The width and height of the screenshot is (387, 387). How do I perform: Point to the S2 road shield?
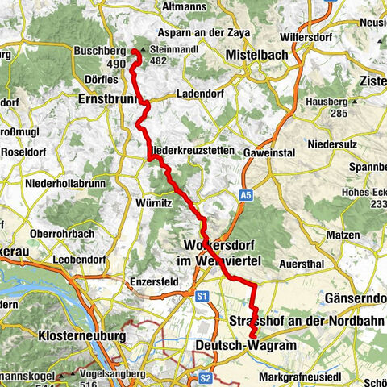point(205,377)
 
